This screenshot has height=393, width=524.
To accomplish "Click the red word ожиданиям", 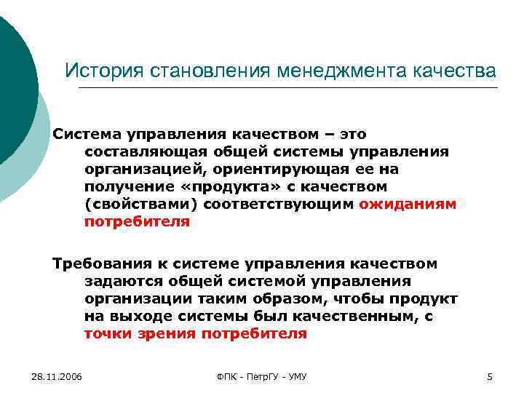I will click(408, 205).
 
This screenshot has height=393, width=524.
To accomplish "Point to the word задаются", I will click(118, 281).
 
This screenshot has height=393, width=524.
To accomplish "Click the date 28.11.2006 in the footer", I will click(57, 376).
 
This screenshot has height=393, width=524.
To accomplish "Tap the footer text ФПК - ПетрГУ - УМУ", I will click(263, 376).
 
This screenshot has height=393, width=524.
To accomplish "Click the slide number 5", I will click(490, 376).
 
